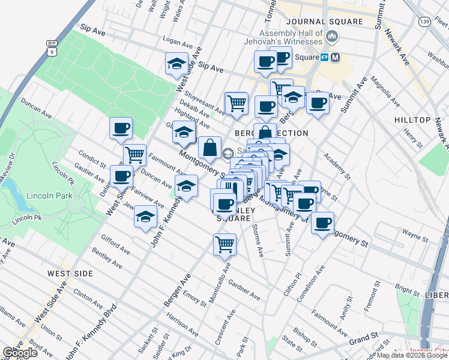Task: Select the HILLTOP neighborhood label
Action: [412, 120]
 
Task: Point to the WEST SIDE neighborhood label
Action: [70, 274]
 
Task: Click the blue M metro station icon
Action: [335, 58]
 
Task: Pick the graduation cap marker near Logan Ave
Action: [176, 64]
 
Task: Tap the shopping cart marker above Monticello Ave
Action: [224, 244]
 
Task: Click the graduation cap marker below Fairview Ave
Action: [145, 217]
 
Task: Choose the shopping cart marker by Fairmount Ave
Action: [135, 155]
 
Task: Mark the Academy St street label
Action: [336, 165]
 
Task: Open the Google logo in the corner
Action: [20, 352]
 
